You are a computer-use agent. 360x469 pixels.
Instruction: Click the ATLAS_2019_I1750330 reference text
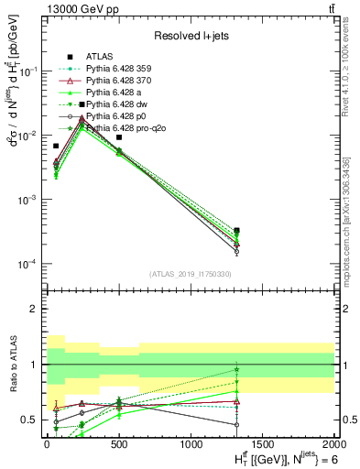pos(189,273)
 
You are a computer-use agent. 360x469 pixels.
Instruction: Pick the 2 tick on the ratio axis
pos(38,309)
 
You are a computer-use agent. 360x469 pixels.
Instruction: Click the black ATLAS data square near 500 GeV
pos(119,137)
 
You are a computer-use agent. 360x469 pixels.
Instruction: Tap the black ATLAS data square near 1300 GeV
pos(237,231)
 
